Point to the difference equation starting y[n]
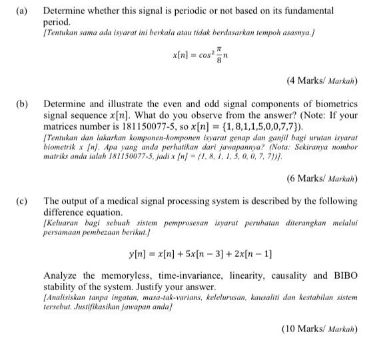(200, 254)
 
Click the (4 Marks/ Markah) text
(322, 81)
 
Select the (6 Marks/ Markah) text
(322, 178)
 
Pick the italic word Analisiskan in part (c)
(67, 299)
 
